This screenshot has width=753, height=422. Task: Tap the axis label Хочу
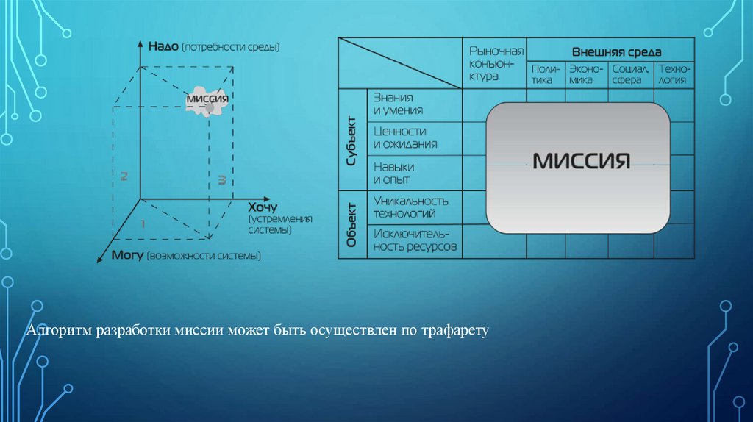(263, 207)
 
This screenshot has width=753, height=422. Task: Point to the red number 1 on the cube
(143, 222)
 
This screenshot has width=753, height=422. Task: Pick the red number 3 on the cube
(220, 180)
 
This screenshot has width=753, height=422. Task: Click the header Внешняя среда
(616, 52)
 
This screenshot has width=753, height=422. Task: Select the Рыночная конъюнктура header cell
(496, 62)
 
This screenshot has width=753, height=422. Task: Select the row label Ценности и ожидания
(405, 137)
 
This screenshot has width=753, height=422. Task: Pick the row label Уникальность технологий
(410, 207)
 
